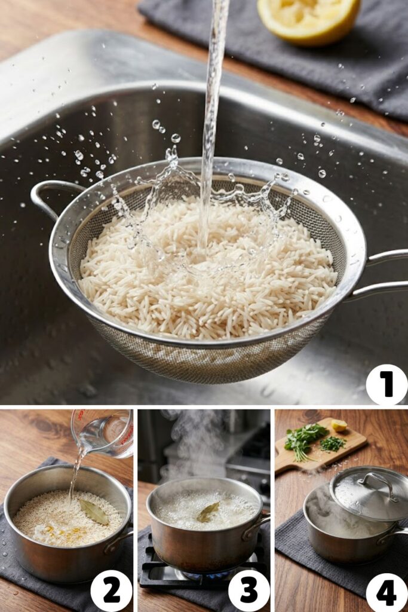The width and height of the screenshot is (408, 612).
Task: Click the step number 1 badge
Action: [x=386, y=384]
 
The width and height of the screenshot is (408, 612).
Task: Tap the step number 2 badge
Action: [x=111, y=590]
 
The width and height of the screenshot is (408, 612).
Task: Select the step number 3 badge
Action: [x=249, y=590]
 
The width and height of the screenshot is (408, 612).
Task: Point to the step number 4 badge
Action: [x=386, y=592]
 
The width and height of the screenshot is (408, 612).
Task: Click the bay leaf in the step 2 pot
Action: [x=94, y=512]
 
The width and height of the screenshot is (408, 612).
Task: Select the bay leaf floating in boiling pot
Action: [x=208, y=512]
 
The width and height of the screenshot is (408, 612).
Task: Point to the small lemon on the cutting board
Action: [x=339, y=425]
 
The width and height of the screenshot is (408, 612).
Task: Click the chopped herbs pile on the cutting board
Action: [x=332, y=443]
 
